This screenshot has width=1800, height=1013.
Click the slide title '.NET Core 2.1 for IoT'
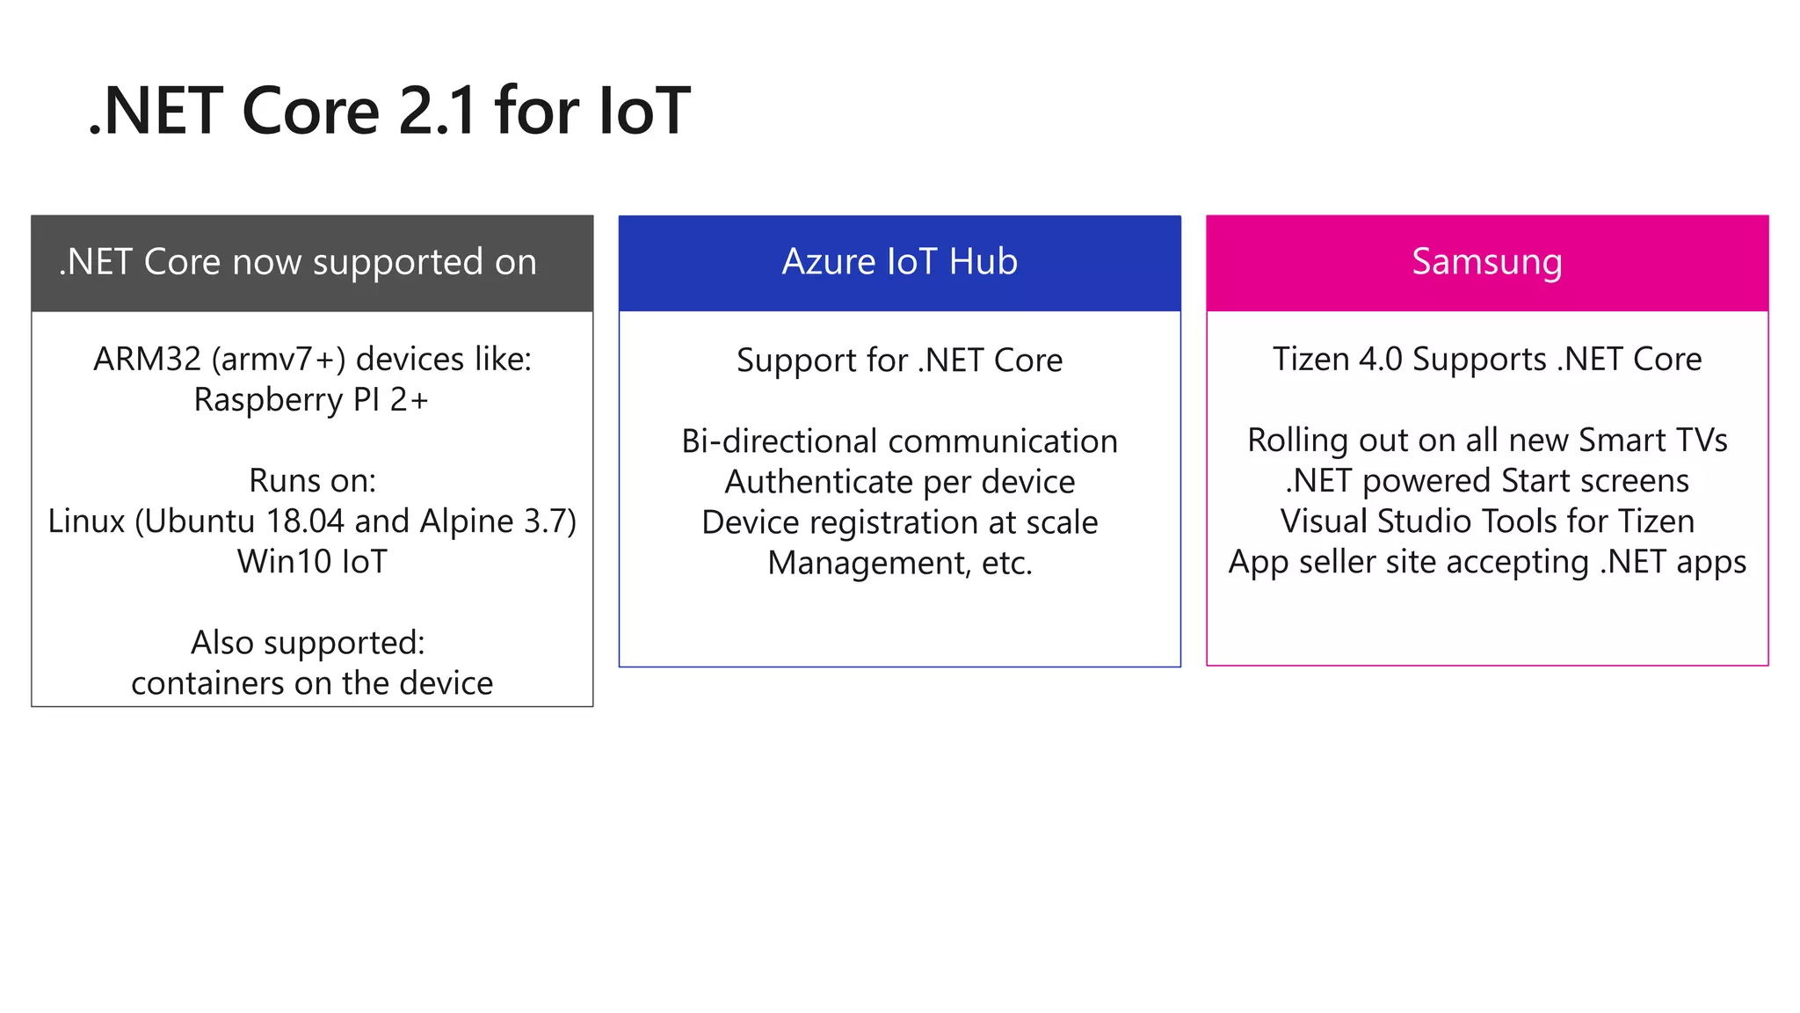click(389, 111)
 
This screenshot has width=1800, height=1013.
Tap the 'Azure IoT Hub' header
click(899, 262)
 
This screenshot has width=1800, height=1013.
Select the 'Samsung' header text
click(1487, 262)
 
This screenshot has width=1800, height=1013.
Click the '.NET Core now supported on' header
click(297, 262)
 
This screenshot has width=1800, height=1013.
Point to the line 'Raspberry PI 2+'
click(311, 400)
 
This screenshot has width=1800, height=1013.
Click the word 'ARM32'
click(147, 360)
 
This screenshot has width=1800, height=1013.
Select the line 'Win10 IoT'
click(312, 562)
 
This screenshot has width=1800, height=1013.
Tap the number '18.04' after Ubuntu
click(305, 521)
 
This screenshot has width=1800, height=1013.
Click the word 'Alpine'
click(467, 521)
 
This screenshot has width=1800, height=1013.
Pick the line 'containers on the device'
click(312, 683)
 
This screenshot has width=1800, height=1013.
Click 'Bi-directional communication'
click(899, 441)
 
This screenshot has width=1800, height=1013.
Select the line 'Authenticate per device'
click(899, 482)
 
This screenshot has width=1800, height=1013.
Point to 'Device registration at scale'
click(899, 522)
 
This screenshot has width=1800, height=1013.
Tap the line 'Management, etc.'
click(899, 563)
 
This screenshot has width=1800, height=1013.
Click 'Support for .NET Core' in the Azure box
click(899, 361)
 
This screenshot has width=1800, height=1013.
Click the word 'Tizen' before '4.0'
click(1310, 360)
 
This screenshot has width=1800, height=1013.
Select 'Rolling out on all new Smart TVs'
click(1487, 441)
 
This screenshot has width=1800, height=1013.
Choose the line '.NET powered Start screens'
click(1487, 481)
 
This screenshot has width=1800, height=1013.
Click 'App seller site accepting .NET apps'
click(1487, 562)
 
